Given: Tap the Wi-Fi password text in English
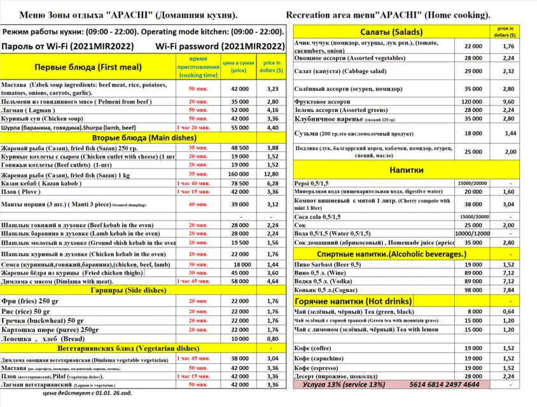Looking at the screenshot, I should (228, 46).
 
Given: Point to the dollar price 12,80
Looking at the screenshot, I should (272, 174).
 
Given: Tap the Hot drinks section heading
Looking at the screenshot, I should (352, 300).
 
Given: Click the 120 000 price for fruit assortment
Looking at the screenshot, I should (471, 101).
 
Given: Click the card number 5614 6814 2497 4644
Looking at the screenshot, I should (445, 385).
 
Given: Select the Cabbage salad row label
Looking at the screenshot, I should (331, 72).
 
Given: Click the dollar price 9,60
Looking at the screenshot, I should (508, 101).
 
